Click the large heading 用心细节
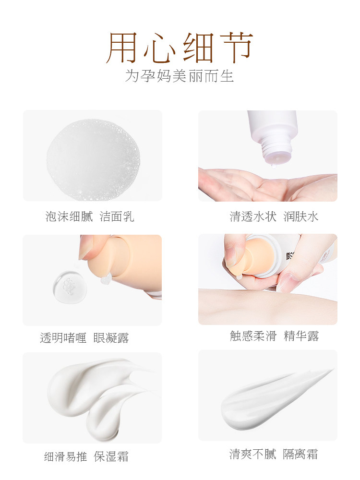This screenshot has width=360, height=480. (x=180, y=48)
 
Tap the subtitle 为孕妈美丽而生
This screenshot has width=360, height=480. (x=180, y=76)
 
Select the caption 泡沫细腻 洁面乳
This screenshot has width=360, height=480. (x=90, y=216)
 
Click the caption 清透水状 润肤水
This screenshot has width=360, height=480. (x=274, y=216)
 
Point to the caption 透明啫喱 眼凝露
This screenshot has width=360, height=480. (x=84, y=338)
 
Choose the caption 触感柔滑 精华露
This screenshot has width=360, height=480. (x=274, y=336)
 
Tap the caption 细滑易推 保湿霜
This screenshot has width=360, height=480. (x=86, y=456)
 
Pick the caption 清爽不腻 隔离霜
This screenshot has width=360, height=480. (x=274, y=454)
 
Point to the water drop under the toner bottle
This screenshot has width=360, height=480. (x=272, y=167)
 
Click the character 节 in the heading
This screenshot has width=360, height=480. (x=235, y=48)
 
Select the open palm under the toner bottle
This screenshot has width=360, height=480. (x=250, y=185)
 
